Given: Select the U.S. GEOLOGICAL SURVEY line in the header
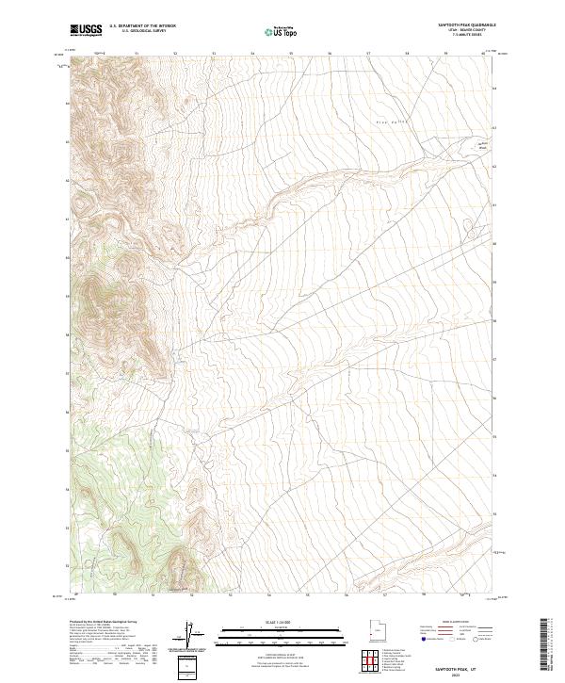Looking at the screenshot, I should tap(142, 33).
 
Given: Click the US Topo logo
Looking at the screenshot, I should tap(282, 31).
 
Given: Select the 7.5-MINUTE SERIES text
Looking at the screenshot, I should tap(466, 37).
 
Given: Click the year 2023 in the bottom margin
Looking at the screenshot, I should tap(449, 671).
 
